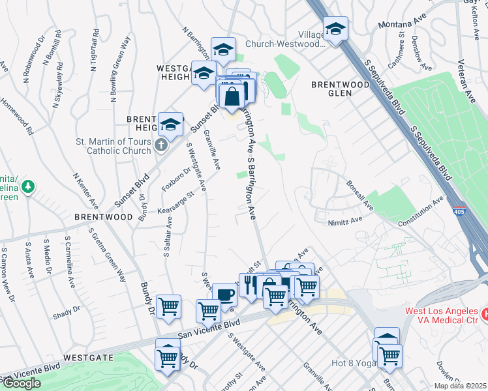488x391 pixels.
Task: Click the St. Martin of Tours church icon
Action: (162, 145)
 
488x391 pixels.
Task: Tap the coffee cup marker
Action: (224, 295)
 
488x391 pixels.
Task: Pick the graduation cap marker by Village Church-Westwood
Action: (335, 29)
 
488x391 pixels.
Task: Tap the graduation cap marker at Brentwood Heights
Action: (170, 124)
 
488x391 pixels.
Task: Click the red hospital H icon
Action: (484, 315)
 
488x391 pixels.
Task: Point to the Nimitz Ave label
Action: (345, 222)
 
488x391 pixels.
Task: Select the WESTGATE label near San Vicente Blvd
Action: (88, 358)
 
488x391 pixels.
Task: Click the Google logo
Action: (22, 383)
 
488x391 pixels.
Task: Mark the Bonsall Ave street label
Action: (359, 195)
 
